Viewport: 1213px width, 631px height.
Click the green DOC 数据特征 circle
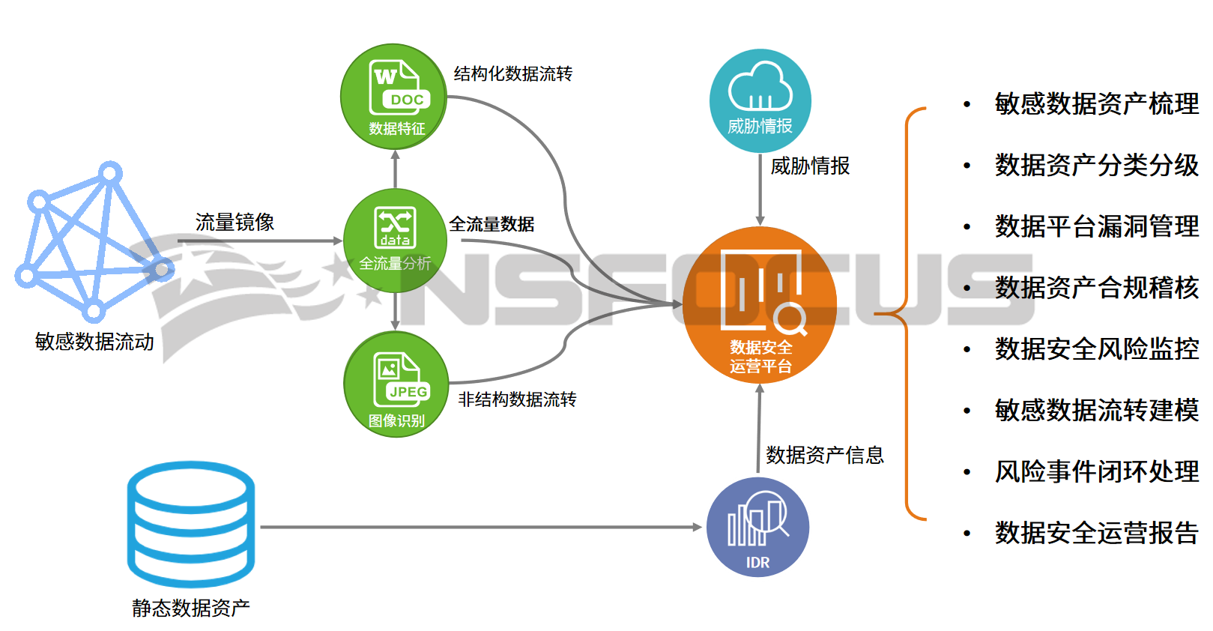394,97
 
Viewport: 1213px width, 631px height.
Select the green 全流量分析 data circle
395,240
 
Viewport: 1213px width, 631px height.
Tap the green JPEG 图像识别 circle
396,384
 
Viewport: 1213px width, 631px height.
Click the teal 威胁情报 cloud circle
760,100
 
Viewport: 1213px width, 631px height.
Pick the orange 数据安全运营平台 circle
760,305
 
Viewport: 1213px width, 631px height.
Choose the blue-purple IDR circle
757,527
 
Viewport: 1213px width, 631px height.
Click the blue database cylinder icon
191,524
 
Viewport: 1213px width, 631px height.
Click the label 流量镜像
235,222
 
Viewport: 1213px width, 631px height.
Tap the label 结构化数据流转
513,73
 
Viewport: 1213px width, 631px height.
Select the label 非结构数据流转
517,399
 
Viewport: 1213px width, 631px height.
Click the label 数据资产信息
825,455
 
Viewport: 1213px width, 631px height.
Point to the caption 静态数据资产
191,608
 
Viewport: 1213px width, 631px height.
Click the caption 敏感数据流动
94,342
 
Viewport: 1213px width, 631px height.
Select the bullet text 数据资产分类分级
1096,165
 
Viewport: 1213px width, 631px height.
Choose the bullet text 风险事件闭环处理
1096,471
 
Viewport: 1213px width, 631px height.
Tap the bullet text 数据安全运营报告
1096,533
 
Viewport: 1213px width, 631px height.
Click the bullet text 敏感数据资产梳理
1096,103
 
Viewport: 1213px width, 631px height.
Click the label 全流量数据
491,224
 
